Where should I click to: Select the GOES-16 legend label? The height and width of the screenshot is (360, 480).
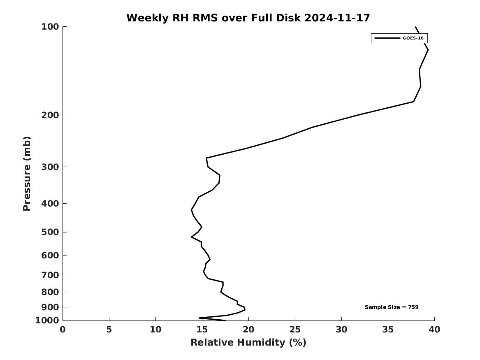coord(413,38)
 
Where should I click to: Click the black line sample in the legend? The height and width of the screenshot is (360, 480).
coord(387,38)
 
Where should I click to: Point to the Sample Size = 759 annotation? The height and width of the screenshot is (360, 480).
coord(392,307)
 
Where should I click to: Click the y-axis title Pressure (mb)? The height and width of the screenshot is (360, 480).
coord(27,174)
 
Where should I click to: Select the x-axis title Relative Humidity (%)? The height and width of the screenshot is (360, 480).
coord(248,342)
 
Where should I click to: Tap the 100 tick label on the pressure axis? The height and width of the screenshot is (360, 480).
coord(50,27)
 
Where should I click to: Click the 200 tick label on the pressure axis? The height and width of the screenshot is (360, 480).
coord(50,115)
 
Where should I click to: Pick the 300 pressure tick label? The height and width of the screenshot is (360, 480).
coord(50,167)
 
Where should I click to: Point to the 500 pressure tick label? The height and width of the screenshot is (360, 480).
coord(50,232)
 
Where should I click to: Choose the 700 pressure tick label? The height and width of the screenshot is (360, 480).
coord(50,275)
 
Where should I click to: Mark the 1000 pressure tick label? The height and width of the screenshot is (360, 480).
coord(48,321)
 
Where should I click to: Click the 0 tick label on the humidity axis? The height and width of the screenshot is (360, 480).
coord(63,330)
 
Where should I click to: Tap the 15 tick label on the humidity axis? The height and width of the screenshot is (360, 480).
coord(202,330)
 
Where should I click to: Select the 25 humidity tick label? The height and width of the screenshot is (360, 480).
coord(295,330)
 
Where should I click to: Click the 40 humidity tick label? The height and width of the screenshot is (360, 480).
coord(434,330)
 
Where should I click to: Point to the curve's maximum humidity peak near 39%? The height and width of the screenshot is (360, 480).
coord(428,50)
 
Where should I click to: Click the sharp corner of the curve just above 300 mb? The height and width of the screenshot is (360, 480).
coord(206,158)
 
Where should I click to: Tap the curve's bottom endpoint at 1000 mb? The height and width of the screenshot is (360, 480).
coord(225,320)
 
